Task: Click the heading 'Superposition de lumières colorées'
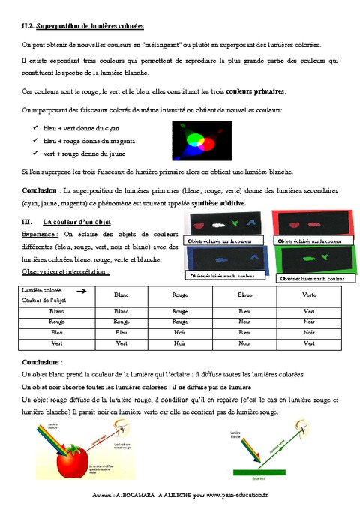(88, 26)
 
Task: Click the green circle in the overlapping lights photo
(187, 136)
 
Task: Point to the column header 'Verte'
(308, 295)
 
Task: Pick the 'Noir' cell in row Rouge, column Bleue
(244, 320)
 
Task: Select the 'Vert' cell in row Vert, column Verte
(308, 343)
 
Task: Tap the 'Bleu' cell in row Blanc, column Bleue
(244, 309)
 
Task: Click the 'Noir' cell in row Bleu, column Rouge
(180, 331)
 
